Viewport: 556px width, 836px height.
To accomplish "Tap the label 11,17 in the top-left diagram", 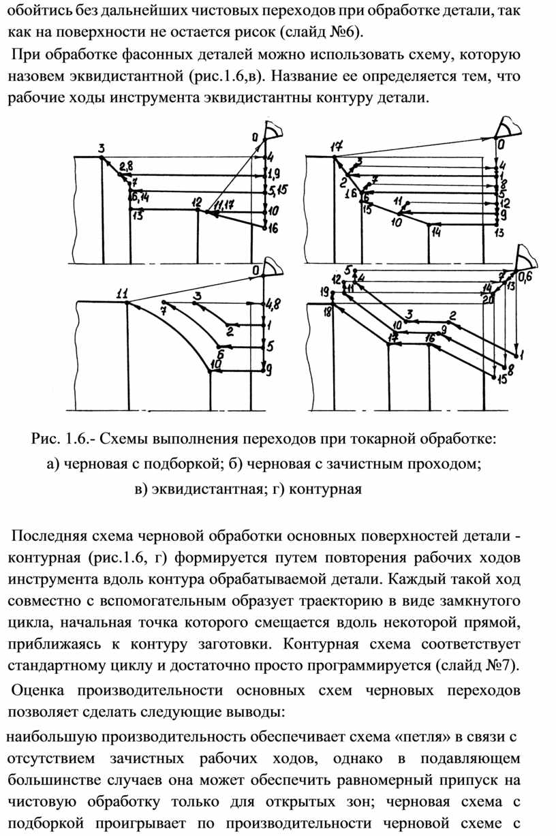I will point(224,205).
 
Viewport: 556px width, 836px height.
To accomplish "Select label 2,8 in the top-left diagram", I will point(126,166).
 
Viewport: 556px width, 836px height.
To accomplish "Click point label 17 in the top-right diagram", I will point(336,146).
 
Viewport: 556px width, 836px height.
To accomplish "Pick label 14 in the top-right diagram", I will point(435,232).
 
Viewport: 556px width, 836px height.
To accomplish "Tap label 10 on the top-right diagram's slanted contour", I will point(395,221).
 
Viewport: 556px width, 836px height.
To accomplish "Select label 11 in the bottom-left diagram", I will point(123,294).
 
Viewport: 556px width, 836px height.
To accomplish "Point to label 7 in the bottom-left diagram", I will point(163,311).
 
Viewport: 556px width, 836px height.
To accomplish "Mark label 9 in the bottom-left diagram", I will point(270,370).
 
